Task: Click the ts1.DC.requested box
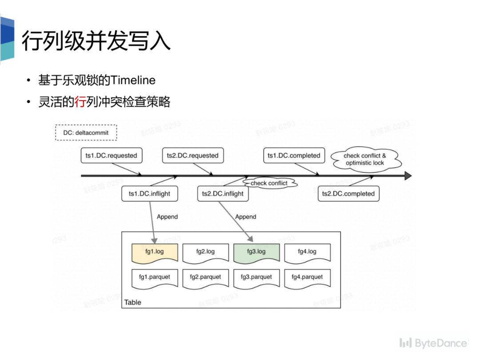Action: (111, 156)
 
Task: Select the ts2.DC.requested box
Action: (192, 156)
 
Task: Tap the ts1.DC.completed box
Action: (294, 156)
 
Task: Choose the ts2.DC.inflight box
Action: (223, 194)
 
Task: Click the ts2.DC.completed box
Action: (348, 194)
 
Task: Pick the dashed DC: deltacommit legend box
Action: (86, 133)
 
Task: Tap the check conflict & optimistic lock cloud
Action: (365, 160)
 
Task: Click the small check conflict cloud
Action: (269, 183)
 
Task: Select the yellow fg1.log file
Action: (155, 252)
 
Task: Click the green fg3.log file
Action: (256, 252)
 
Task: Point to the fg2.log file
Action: (205, 252)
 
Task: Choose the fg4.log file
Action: (307, 252)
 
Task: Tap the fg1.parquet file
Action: (155, 277)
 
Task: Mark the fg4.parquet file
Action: (307, 277)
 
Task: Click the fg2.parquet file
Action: (205, 277)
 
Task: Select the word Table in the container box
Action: (132, 302)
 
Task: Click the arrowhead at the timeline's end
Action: (408, 176)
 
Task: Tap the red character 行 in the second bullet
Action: (80, 102)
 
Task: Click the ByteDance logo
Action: (433, 343)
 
